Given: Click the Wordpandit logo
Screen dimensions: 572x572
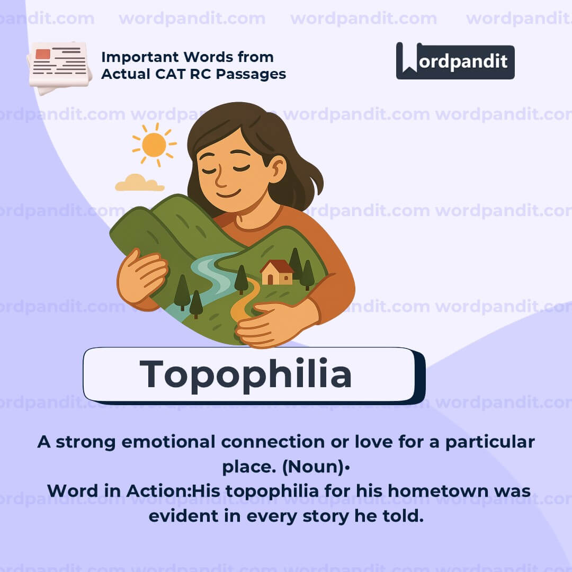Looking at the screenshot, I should click(455, 61).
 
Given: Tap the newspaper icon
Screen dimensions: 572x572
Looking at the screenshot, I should click(59, 66).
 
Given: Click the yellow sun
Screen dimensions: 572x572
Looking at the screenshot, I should click(154, 145).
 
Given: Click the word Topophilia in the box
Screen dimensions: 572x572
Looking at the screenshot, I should click(246, 374).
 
